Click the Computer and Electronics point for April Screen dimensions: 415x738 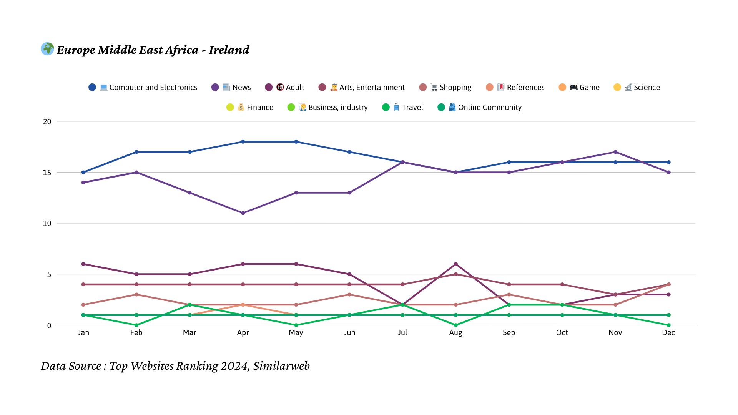point(243,142)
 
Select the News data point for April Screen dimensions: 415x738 point(243,213)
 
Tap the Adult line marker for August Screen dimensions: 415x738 point(456,264)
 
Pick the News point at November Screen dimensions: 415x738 point(615,152)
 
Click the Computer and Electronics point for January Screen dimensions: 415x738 point(83,172)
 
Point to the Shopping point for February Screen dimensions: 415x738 point(136,295)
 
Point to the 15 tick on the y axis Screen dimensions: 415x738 point(47,173)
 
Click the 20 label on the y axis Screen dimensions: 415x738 point(47,121)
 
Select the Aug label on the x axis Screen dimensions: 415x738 point(456,332)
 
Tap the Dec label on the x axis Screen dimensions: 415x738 point(668,332)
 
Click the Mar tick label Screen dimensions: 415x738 point(189,332)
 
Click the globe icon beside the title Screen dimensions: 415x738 point(47,49)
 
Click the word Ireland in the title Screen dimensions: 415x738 point(229,50)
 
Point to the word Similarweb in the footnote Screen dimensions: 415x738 point(281,366)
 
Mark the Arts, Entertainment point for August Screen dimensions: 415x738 point(456,274)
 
